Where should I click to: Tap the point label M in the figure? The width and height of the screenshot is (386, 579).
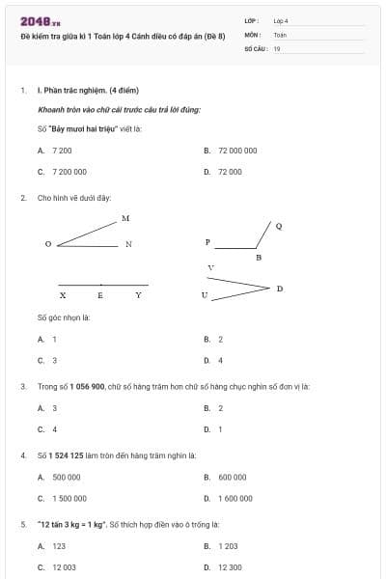click(x=125, y=218)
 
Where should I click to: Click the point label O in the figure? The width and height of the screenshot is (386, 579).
click(x=47, y=244)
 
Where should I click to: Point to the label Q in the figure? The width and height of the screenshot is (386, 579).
click(x=279, y=226)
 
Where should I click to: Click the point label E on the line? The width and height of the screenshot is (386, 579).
click(x=100, y=295)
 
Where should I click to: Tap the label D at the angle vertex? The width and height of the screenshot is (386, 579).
click(x=280, y=289)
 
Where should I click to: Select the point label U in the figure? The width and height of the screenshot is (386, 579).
click(x=204, y=295)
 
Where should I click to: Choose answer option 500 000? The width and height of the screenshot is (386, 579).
click(x=66, y=477)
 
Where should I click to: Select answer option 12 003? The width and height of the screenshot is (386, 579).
click(x=64, y=566)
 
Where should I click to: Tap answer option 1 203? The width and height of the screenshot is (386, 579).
click(x=228, y=546)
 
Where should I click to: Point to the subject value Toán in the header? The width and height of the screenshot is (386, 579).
click(x=280, y=34)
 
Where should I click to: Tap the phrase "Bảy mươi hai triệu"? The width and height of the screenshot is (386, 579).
click(x=83, y=128)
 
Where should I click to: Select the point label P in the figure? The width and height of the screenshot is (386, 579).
click(x=207, y=241)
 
